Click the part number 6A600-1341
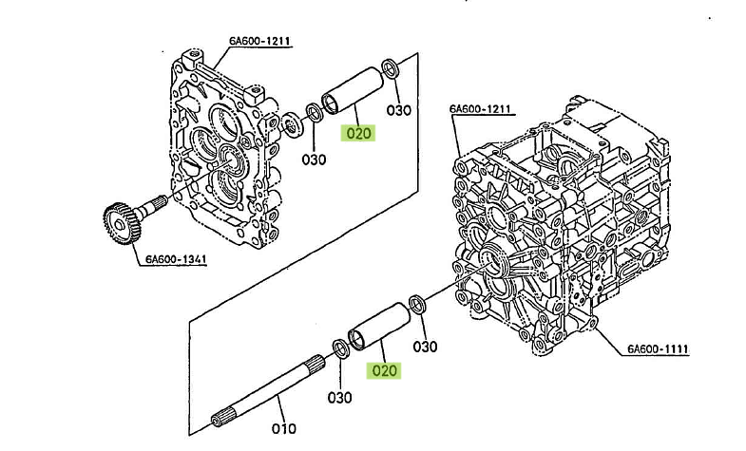coord(176,259)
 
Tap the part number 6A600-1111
coord(658,348)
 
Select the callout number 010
coord(283,428)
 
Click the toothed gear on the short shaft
coord(123,223)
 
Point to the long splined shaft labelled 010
coord(268,389)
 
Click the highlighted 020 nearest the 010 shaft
coord(384,370)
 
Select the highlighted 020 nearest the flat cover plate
coord(357,133)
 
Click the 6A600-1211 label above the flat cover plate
coord(259,41)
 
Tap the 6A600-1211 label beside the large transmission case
coord(480,109)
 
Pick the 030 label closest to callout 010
coord(339,397)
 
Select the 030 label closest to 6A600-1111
coord(425,347)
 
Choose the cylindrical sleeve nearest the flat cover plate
coord(353,91)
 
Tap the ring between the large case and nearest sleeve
coord(417,305)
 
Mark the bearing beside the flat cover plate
coord(291,125)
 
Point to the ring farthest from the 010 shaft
coord(391,68)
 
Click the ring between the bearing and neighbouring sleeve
coord(314,113)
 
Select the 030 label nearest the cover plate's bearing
coord(314,160)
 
